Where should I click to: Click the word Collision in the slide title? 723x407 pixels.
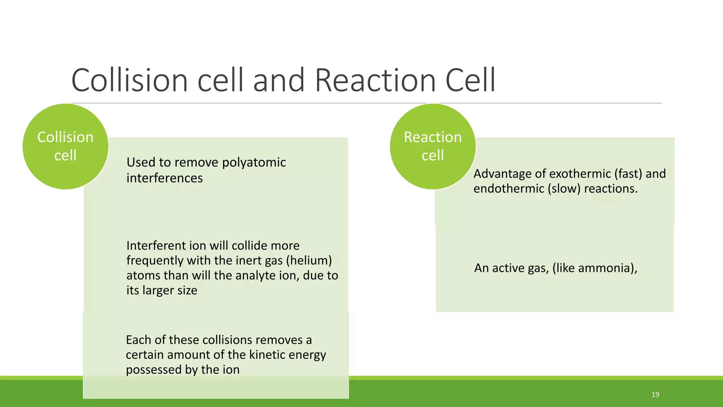(x=130, y=81)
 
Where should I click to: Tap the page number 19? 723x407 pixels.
(x=655, y=395)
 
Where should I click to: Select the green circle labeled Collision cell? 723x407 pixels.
(x=66, y=146)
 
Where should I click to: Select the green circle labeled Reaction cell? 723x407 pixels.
(x=433, y=146)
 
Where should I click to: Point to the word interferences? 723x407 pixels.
(x=165, y=178)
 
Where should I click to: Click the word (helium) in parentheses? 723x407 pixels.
(x=309, y=261)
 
